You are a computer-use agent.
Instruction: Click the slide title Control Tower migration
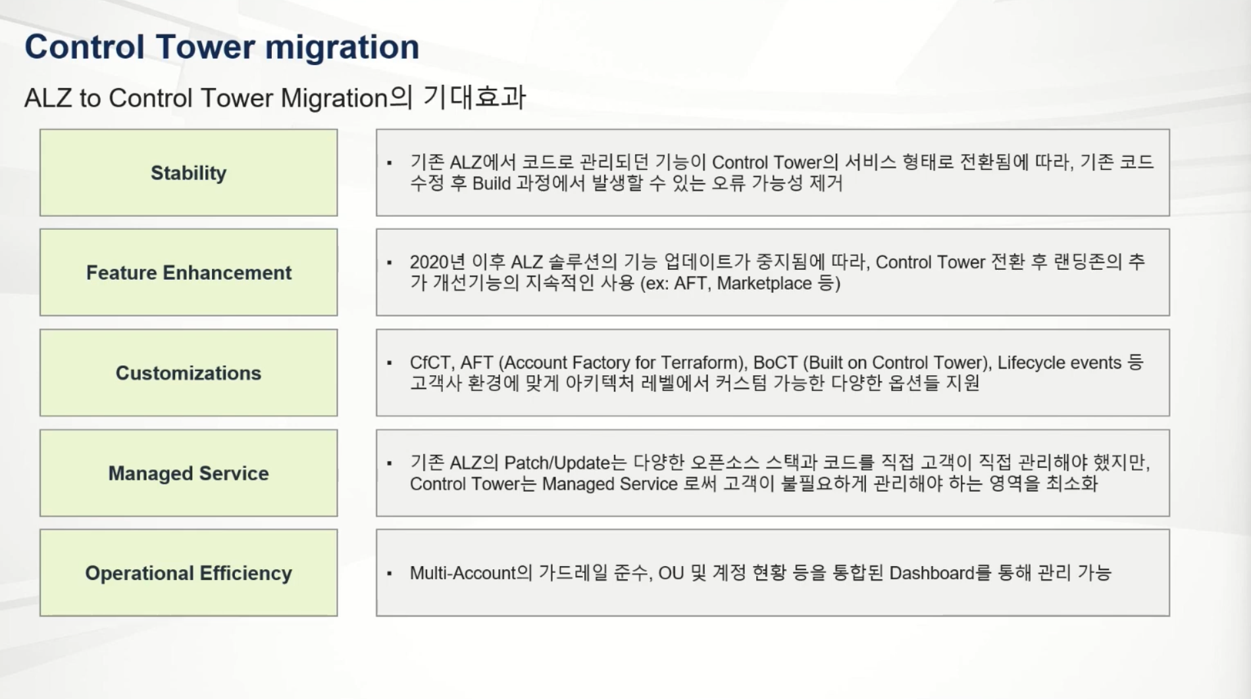pyautogui.click(x=222, y=47)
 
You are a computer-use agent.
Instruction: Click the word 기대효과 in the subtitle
pyautogui.click(x=474, y=97)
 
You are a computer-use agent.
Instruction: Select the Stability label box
pyautogui.click(x=188, y=172)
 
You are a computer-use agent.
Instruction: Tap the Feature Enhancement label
pyautogui.click(x=188, y=272)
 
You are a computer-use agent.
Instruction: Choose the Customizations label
pyautogui.click(x=188, y=373)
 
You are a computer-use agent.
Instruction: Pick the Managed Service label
pyautogui.click(x=188, y=473)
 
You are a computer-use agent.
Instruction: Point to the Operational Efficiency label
pyautogui.click(x=188, y=573)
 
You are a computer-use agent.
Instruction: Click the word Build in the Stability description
pyautogui.click(x=492, y=183)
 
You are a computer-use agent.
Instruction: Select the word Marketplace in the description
pyautogui.click(x=764, y=284)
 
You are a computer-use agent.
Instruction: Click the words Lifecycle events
pyautogui.click(x=1060, y=363)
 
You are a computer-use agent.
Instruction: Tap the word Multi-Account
pyautogui.click(x=463, y=573)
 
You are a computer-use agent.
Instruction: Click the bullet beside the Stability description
pyautogui.click(x=390, y=163)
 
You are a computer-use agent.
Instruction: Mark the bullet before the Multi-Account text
pyautogui.click(x=390, y=573)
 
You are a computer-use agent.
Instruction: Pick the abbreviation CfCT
pyautogui.click(x=431, y=363)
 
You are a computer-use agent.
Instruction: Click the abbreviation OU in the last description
pyautogui.click(x=671, y=573)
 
